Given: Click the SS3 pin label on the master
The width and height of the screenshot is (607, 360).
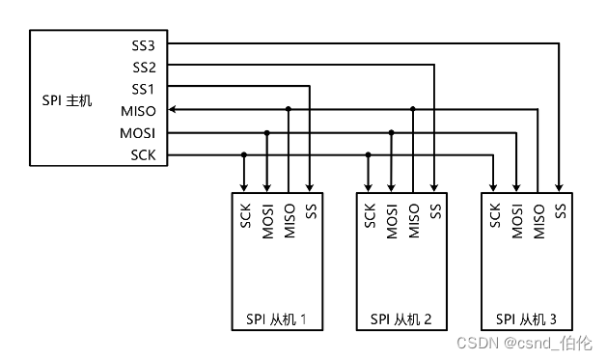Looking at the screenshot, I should pos(143,44).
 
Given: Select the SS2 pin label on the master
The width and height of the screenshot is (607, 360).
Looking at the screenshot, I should pos(143,67).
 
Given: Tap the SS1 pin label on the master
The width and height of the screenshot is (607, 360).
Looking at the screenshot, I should pos(143,89).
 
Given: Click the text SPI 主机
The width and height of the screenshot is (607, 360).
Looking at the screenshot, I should pos(68,100).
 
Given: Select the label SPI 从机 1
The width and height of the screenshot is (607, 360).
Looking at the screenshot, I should pos(276,318).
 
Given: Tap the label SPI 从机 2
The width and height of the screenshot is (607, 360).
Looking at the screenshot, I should pos(400,318).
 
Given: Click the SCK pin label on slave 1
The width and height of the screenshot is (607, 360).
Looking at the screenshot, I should pos(244,215).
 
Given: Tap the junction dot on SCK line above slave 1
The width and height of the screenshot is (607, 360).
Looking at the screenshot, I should pos(244,154).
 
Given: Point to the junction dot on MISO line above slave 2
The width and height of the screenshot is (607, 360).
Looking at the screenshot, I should pos(413,110).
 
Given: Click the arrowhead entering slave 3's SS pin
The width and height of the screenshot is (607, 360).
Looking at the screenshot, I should pos(561,186).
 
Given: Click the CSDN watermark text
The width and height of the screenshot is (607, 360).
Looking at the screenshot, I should pos(524,343).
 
